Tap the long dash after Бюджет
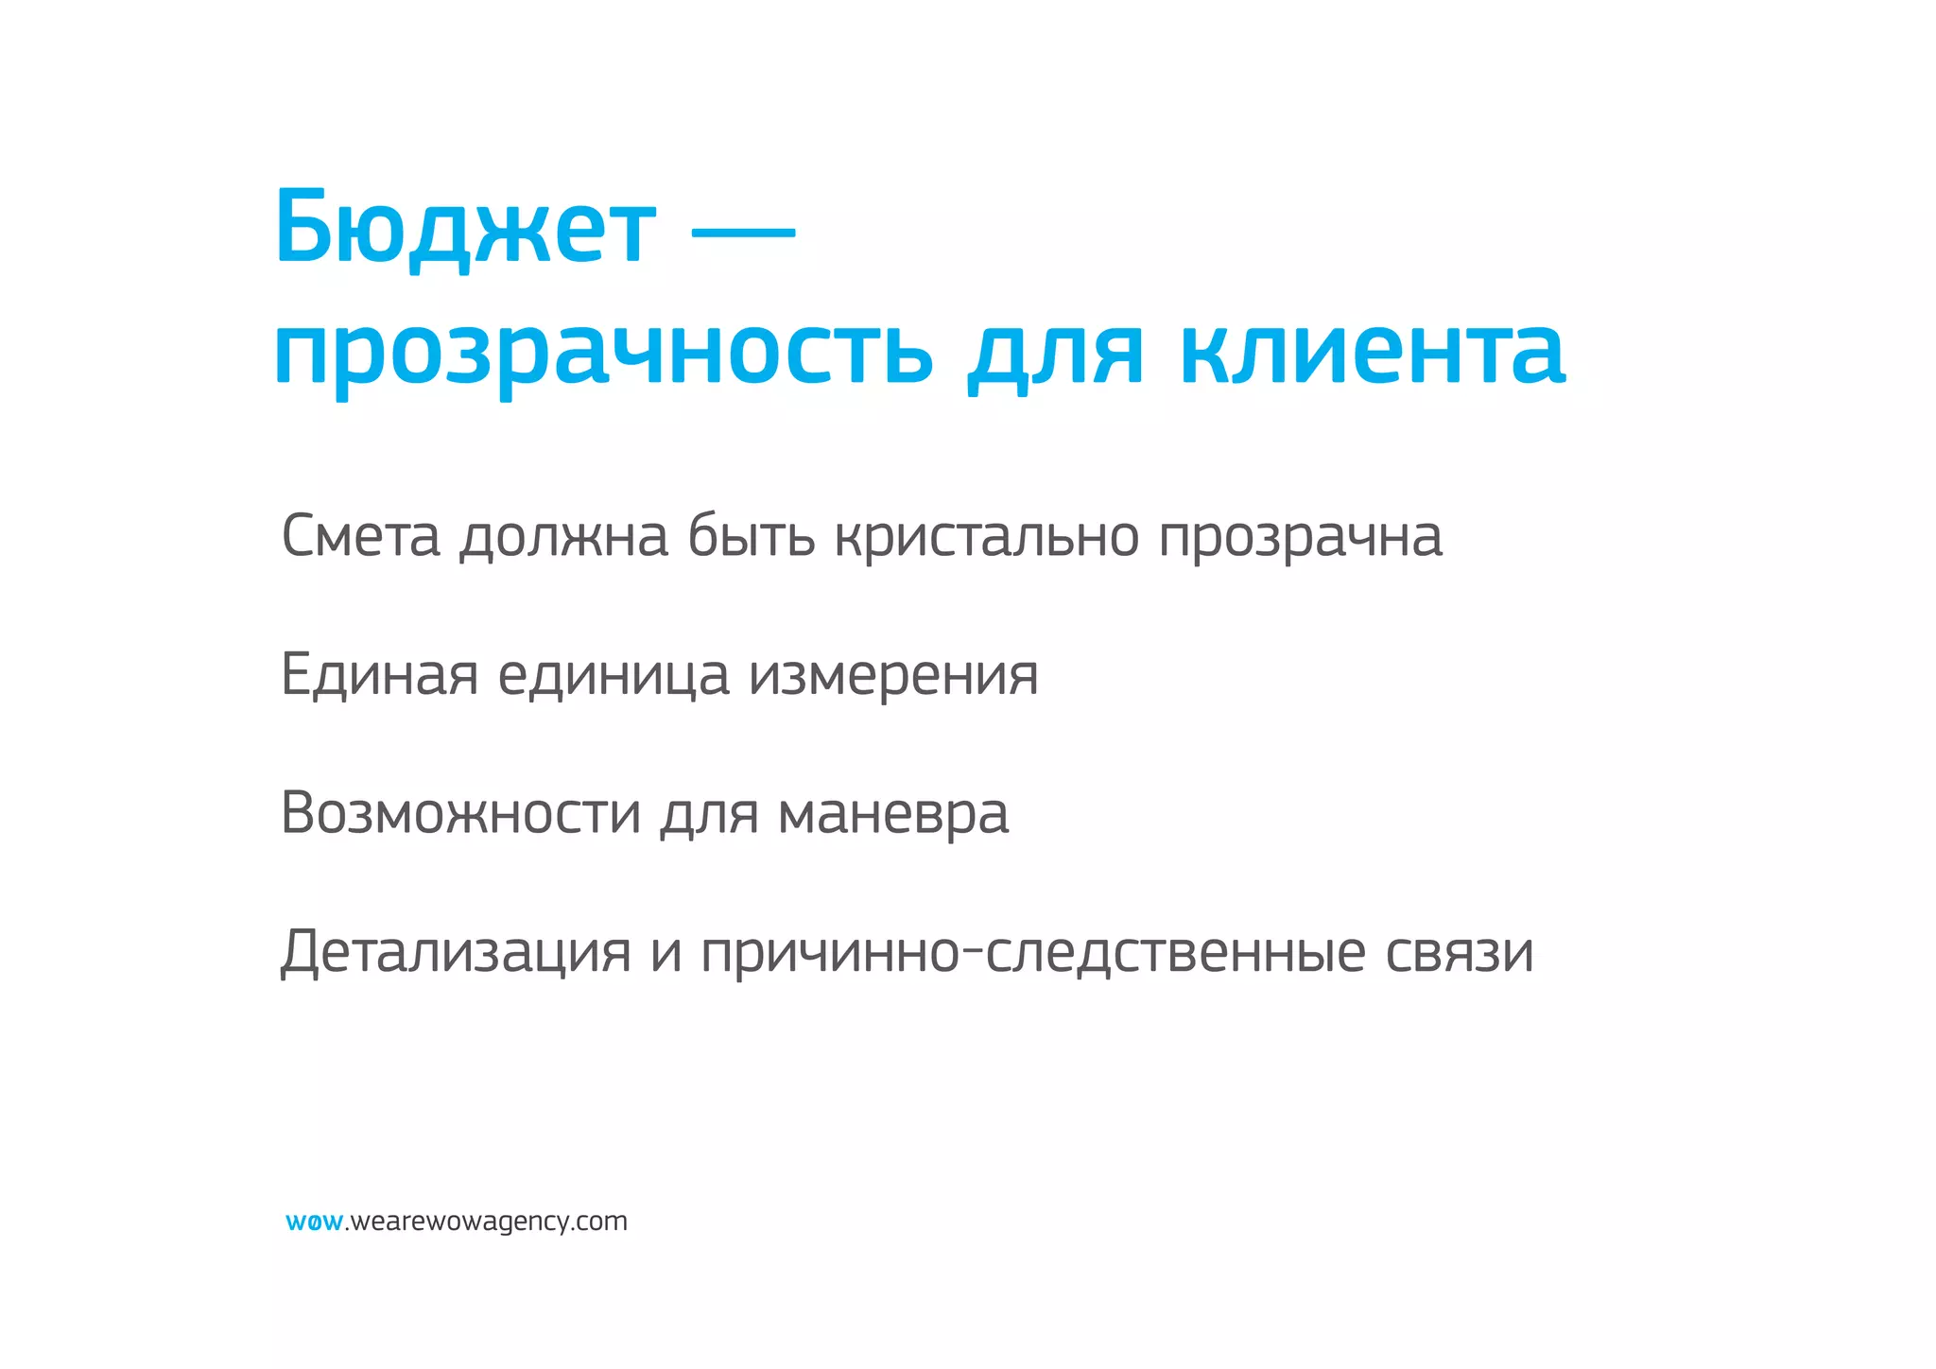744,230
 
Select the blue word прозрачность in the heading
603,353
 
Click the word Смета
361,536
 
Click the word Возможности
460,813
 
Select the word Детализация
456,952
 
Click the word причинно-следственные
1032,952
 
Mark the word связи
1460,952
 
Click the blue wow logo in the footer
314,1222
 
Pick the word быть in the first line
751,536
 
